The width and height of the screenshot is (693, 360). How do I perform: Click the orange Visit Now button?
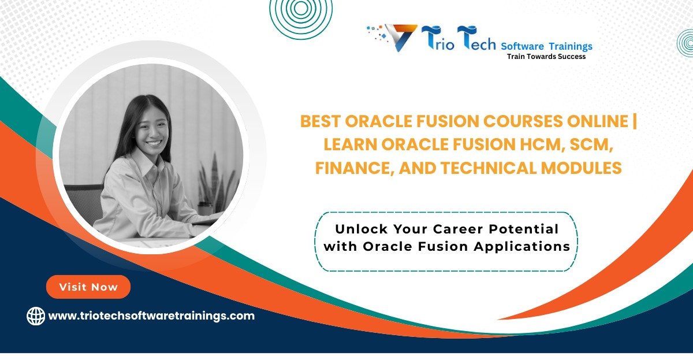pyautogui.click(x=88, y=287)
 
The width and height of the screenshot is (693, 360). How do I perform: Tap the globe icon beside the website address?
pyautogui.click(x=36, y=316)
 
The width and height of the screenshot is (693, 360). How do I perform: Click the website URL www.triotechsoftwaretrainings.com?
pyautogui.click(x=151, y=316)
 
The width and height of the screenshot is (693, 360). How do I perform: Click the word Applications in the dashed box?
pyautogui.click(x=522, y=247)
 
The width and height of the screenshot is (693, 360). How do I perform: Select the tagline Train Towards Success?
pyautogui.click(x=546, y=57)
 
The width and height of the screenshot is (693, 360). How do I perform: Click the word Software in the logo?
pyautogui.click(x=522, y=46)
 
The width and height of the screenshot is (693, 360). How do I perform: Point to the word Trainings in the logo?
pyautogui.click(x=571, y=46)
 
